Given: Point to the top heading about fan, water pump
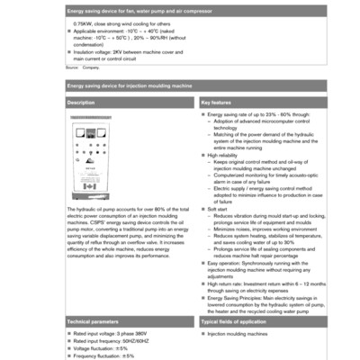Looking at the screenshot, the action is [x=135, y=9].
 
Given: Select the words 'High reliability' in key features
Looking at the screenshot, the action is [x=225, y=155].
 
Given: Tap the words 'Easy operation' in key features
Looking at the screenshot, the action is [x=225, y=262].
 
